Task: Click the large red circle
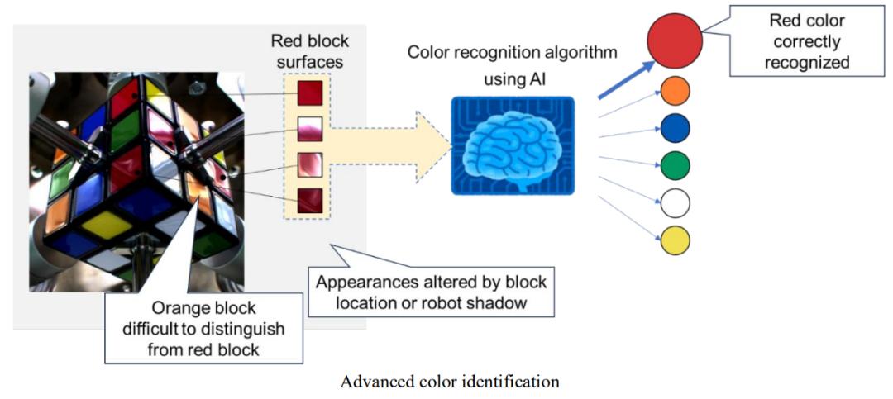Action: (674, 40)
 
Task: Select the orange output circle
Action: (675, 91)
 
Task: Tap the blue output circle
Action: (675, 128)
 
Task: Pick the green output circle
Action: (675, 165)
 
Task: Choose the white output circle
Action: (675, 202)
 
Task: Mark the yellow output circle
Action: (675, 240)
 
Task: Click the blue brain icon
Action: (513, 145)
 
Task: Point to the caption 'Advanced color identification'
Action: (450, 382)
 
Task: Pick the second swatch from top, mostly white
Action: (308, 129)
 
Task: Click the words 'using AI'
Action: (513, 80)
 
